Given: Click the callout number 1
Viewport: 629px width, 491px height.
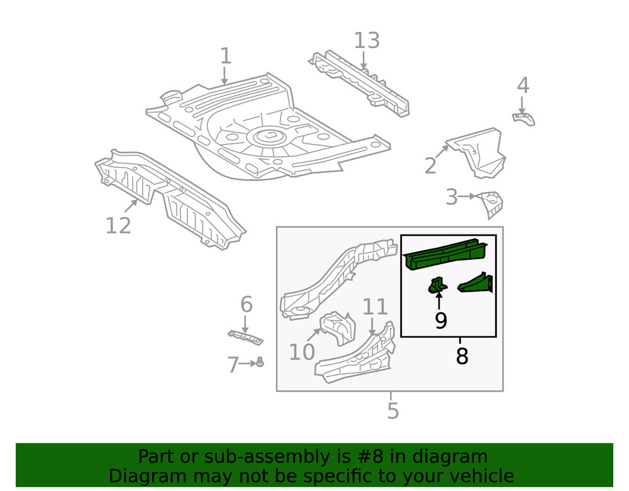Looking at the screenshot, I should point(225,56).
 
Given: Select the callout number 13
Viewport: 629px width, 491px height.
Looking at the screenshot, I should point(367,40).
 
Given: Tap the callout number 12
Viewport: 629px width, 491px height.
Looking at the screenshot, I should point(118,225).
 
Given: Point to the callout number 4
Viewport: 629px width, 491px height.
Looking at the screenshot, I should point(523,86).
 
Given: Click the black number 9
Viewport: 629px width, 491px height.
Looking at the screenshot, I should point(440,321).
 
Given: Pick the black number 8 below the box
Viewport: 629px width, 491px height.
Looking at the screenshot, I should point(462,356).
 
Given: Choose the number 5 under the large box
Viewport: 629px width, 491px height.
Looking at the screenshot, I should point(392,411).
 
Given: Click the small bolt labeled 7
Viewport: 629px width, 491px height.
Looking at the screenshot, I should point(260,362).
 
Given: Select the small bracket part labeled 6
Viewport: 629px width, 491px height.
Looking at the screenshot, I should point(245,338).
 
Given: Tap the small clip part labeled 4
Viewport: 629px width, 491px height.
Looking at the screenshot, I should point(523,118).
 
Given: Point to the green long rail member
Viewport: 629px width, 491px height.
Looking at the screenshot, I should point(445,254).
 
